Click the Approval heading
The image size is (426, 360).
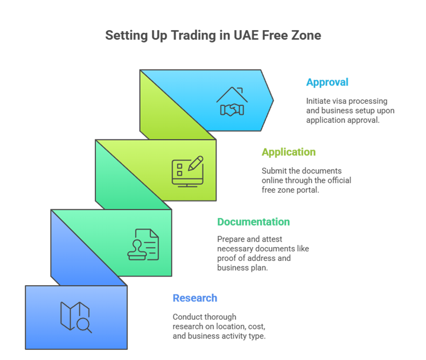point(327,82)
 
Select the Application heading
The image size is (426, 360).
point(289,152)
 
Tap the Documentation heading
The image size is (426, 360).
point(254,222)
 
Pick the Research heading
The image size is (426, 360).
point(195,298)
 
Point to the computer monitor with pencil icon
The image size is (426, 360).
point(187,171)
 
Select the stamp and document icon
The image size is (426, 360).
point(143,244)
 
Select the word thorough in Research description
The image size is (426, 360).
point(224,317)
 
